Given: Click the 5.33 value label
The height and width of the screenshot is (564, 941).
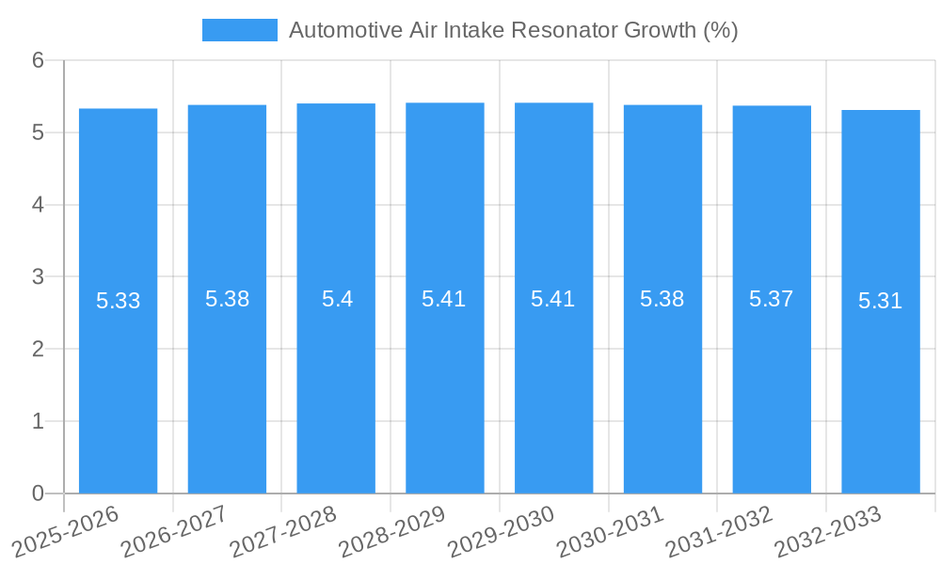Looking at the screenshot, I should pos(118,302).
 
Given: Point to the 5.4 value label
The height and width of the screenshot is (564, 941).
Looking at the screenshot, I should pos(336,300).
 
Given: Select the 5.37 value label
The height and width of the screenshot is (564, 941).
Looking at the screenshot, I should pos(771,300).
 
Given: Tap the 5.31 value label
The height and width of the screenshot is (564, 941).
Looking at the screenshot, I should pos(880,302).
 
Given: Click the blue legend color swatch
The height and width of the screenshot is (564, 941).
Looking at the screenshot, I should pos(239,30).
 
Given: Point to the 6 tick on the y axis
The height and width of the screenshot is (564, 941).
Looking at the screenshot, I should pos(38,60).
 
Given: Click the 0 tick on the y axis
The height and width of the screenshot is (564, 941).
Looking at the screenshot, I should pos(38,493).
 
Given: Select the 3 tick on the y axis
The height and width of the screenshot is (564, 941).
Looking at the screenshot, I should pos(38,276).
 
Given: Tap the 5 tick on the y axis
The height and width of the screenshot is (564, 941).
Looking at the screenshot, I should pos(38,133).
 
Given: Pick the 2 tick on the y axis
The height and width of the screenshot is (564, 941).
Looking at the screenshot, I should pos(38,349).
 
